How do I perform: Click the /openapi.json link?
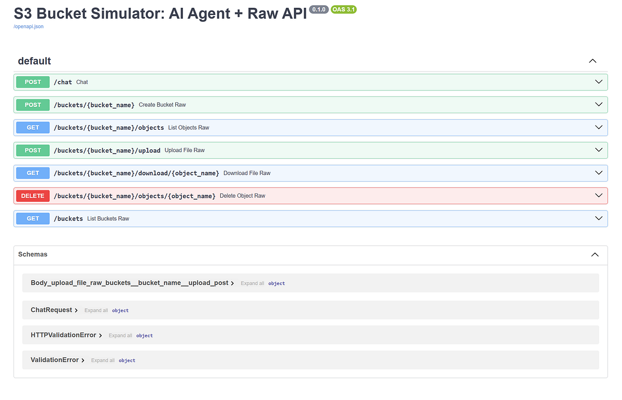click(x=29, y=26)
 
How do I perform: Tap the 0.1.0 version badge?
click(x=318, y=9)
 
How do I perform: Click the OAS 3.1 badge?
click(x=343, y=9)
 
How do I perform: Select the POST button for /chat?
click(x=33, y=82)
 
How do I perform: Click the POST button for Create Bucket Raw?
click(x=33, y=105)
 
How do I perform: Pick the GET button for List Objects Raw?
click(x=33, y=128)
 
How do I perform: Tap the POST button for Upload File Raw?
click(x=33, y=150)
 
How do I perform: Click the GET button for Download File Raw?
click(x=33, y=173)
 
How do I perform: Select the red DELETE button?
click(x=33, y=196)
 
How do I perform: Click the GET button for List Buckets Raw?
click(x=33, y=219)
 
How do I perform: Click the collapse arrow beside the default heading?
click(x=593, y=61)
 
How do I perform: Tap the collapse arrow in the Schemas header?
click(x=595, y=255)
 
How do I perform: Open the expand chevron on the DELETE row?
click(x=599, y=196)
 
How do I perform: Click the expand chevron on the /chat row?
click(x=599, y=82)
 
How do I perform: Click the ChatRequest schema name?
click(x=51, y=310)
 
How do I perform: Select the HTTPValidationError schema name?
click(x=63, y=335)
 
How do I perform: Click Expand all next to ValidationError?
click(x=103, y=360)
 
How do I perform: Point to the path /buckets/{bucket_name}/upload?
click(x=107, y=150)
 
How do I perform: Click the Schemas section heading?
click(x=33, y=254)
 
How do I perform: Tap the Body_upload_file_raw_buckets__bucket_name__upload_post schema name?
click(x=129, y=283)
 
